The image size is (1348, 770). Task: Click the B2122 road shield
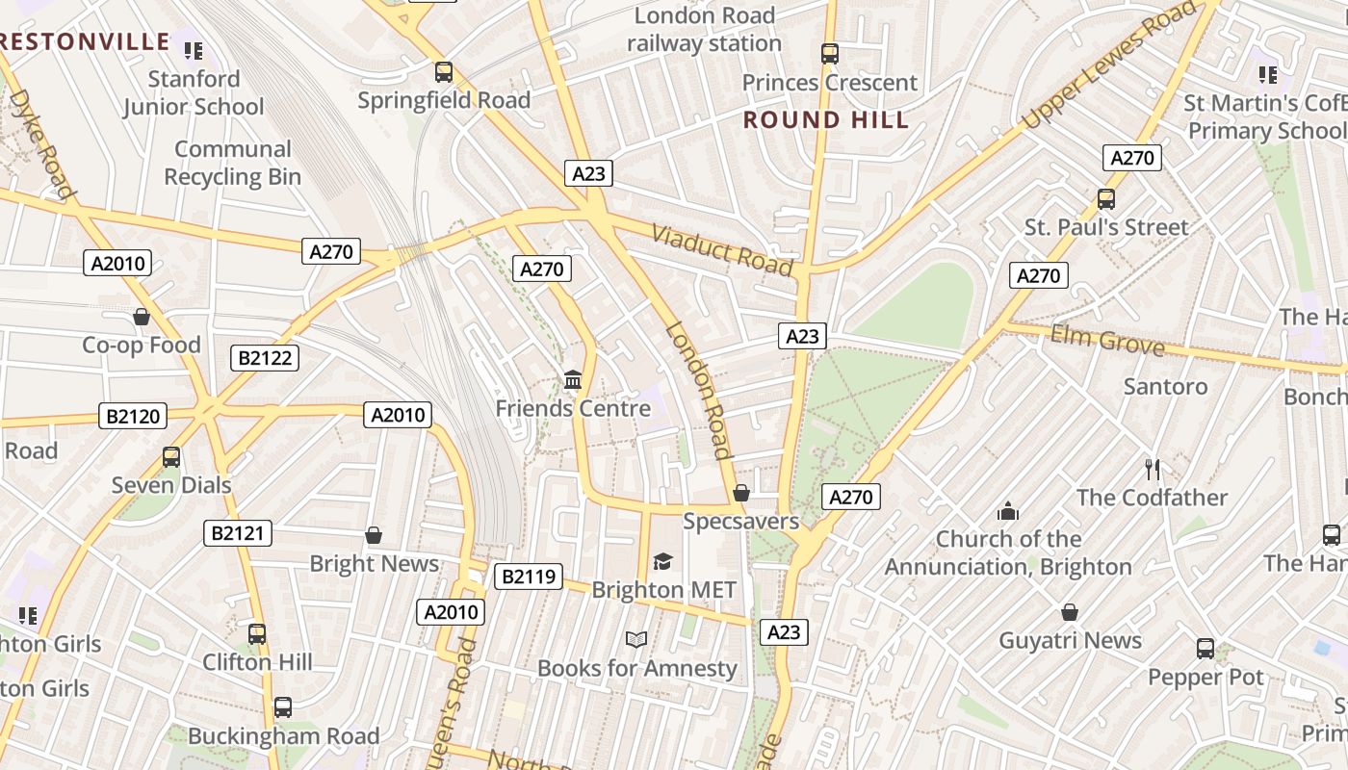tap(266, 359)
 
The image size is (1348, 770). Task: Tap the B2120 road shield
tap(133, 417)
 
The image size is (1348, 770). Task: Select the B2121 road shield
tap(238, 533)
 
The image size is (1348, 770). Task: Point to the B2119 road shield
tap(528, 577)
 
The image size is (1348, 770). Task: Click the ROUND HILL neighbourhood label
tap(826, 120)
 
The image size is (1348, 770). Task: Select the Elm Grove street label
tap(1107, 340)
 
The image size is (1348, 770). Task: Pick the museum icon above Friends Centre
tap(573, 380)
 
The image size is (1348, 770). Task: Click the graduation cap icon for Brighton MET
tap(662, 561)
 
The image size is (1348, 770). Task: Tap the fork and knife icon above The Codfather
tap(1152, 470)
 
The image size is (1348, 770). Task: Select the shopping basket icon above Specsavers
tap(741, 494)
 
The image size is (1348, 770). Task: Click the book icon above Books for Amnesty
tap(635, 639)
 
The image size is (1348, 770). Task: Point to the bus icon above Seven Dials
tap(171, 457)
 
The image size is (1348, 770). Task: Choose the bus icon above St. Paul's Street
tap(1106, 199)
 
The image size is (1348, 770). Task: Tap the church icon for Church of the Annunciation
tap(1008, 510)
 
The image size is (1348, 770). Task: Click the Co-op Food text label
tap(142, 345)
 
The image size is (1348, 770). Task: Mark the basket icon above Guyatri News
tap(1070, 612)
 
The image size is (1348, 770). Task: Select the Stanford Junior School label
tap(194, 92)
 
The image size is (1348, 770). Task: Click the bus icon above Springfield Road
tap(444, 72)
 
